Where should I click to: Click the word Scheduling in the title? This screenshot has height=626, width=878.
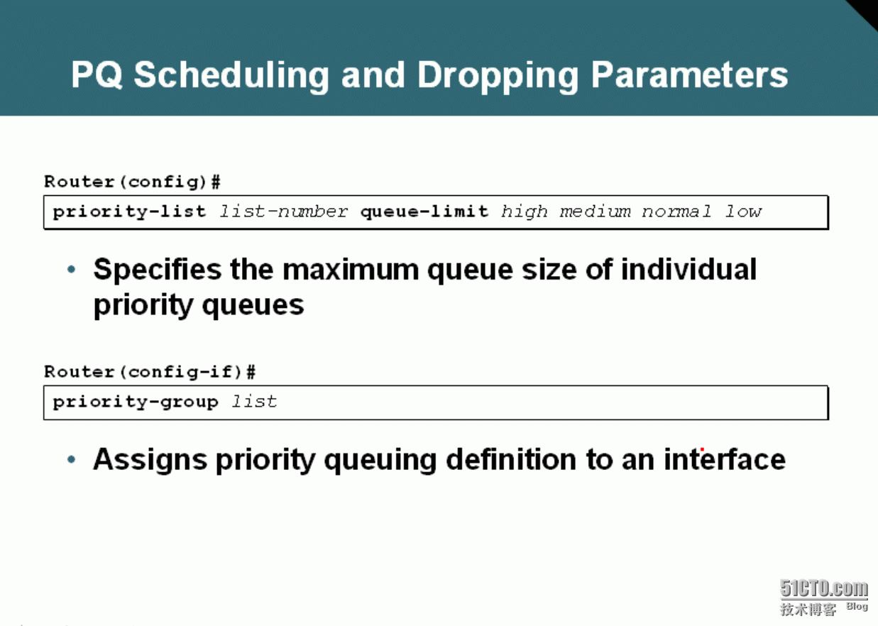pos(231,76)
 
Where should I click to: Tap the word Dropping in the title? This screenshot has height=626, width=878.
pos(498,76)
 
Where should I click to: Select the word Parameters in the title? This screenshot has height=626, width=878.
pos(689,75)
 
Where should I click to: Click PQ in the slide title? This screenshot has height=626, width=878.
pos(97,75)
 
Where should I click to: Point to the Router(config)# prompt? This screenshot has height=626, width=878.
pos(132,182)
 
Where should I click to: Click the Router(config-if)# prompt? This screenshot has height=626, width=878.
pos(150,372)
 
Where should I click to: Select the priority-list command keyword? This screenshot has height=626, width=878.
pos(129,212)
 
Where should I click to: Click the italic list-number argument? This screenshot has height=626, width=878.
pos(283,212)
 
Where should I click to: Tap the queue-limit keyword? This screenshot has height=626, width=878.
pos(424,212)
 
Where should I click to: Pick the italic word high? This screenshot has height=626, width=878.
pos(525,212)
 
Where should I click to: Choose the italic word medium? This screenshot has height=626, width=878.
pos(596,212)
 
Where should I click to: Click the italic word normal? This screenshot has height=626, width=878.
pos(677,212)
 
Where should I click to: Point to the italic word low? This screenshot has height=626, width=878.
pos(744,212)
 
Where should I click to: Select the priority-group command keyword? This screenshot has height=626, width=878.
pos(136,402)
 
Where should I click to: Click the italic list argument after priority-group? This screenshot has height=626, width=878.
pos(254,402)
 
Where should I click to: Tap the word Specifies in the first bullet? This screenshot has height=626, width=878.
pos(158,270)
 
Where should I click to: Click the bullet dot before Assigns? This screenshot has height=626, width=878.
pos(72,459)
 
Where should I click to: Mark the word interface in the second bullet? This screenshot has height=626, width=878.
pos(725,458)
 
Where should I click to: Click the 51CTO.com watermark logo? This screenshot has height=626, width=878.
pos(824,597)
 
